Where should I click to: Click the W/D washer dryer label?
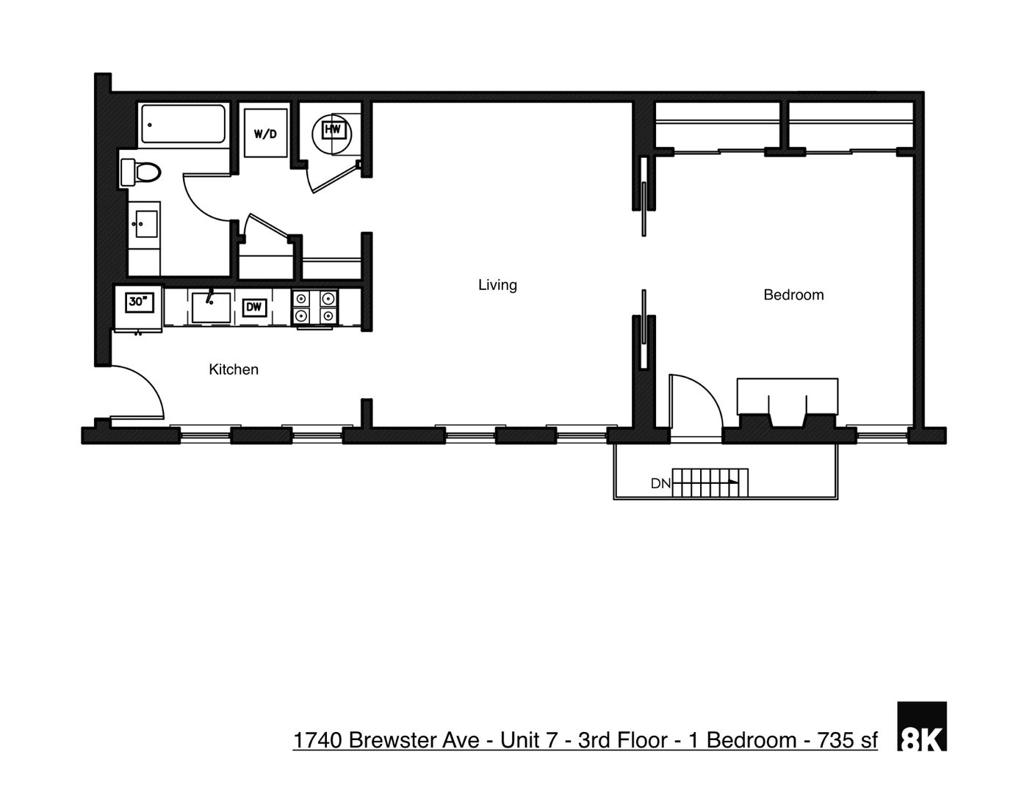pyautogui.click(x=265, y=134)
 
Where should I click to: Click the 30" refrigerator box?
pyautogui.click(x=138, y=302)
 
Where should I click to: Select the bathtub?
pyautogui.click(x=183, y=125)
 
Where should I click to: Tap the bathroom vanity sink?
pyautogui.click(x=145, y=225)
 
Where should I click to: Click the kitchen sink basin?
pyautogui.click(x=211, y=307)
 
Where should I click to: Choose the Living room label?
pyautogui.click(x=497, y=285)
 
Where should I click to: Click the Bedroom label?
pyautogui.click(x=793, y=295)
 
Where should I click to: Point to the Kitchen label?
pyautogui.click(x=234, y=370)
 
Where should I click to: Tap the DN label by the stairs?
pyautogui.click(x=660, y=484)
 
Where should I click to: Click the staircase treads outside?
pyautogui.click(x=710, y=483)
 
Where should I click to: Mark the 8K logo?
pyautogui.click(x=922, y=727)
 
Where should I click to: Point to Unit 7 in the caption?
pyautogui.click(x=528, y=740)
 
